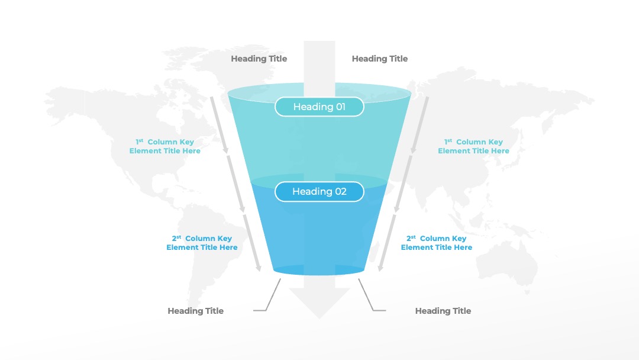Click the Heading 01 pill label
click(x=319, y=107)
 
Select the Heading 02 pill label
click(x=319, y=192)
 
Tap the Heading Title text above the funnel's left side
click(x=259, y=59)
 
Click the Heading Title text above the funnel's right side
click(x=379, y=59)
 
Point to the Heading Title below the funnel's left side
click(x=196, y=311)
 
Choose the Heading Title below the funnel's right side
click(x=443, y=311)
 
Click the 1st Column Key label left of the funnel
click(x=164, y=146)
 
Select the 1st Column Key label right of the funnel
click(x=473, y=146)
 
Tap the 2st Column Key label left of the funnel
click(x=202, y=243)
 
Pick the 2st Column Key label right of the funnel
click(x=436, y=243)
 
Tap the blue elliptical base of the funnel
click(x=319, y=269)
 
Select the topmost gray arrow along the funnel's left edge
click(x=220, y=126)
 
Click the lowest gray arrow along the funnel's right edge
click(x=386, y=243)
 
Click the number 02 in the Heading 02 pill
click(x=341, y=192)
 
